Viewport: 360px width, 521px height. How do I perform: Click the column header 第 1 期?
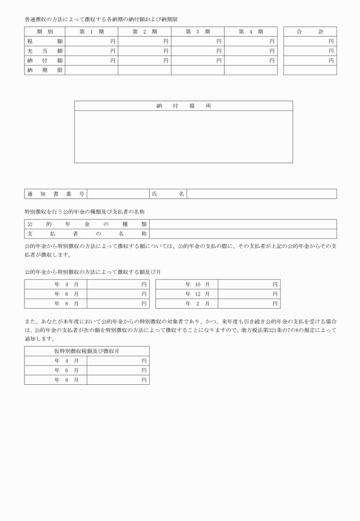click(x=91, y=31)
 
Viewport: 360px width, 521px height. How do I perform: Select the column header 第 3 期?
click(x=197, y=31)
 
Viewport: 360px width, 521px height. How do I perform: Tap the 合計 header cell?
click(x=310, y=31)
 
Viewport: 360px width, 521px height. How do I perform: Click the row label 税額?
click(x=45, y=41)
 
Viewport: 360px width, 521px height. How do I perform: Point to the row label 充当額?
click(x=45, y=51)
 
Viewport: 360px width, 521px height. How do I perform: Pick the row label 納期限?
click(x=45, y=70)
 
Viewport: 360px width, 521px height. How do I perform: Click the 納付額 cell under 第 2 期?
click(x=144, y=60)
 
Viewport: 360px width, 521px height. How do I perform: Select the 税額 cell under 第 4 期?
click(x=250, y=41)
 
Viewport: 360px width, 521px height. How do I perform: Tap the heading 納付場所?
click(x=183, y=106)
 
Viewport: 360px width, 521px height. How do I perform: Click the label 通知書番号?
click(x=55, y=194)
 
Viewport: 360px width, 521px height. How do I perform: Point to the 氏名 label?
click(x=168, y=194)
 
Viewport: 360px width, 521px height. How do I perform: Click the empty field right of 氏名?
click(x=261, y=194)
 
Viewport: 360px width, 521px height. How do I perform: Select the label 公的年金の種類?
click(x=87, y=224)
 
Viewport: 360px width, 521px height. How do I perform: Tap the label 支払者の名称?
click(x=87, y=234)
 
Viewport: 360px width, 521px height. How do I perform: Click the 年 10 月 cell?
click(x=187, y=284)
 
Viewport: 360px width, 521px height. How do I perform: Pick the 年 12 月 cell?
click(x=187, y=294)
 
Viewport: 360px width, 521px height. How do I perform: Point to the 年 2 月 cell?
click(x=187, y=304)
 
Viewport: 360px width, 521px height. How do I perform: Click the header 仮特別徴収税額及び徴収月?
click(x=87, y=351)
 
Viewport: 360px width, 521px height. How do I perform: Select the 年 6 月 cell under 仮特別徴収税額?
click(x=55, y=370)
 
